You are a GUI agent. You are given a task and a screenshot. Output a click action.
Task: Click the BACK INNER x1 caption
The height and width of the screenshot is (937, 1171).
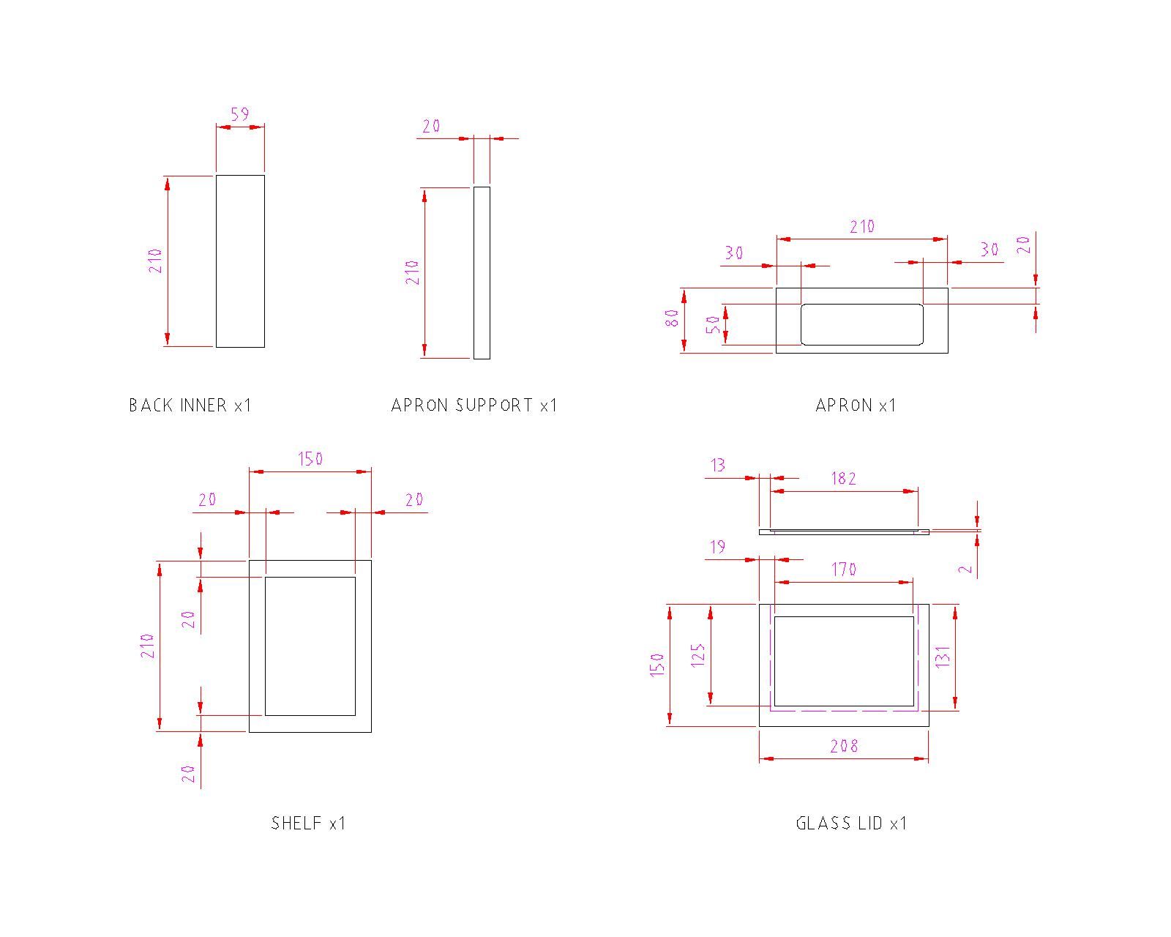[190, 405]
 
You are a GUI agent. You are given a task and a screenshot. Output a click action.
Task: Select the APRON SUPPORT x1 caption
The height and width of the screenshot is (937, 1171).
[474, 405]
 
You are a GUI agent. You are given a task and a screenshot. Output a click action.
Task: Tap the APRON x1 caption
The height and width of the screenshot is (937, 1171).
[856, 405]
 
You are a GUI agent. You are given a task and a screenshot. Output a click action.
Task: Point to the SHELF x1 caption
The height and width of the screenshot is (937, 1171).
[308, 823]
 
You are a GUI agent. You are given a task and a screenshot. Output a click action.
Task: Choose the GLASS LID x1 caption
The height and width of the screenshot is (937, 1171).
[851, 823]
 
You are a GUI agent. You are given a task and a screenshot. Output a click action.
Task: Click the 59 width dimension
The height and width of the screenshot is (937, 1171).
[240, 114]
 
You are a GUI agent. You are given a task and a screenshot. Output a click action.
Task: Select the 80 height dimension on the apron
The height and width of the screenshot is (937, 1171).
[673, 318]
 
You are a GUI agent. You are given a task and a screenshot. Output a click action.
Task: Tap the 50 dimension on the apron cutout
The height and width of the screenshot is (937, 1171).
[713, 325]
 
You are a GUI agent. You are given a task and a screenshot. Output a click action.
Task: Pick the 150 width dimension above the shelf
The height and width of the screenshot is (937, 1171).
[310, 459]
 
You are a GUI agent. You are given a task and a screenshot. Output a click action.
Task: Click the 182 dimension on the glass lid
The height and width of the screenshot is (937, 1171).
[843, 479]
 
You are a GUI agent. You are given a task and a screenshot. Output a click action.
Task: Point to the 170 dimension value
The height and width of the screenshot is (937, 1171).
[843, 570]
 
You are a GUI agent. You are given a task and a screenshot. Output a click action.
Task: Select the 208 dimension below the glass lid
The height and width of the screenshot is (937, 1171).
[844, 746]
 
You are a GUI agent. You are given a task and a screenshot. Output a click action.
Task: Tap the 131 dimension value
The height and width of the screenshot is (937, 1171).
[943, 657]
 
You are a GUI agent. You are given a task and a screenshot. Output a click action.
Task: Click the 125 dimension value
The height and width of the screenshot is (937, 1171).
[697, 655]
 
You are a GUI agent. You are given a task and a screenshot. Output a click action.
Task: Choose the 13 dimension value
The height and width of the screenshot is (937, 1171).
[718, 466]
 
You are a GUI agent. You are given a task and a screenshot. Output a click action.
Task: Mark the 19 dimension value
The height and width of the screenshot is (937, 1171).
[718, 547]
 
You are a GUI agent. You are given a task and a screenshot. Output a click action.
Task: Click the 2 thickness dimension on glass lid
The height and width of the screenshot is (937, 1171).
[965, 570]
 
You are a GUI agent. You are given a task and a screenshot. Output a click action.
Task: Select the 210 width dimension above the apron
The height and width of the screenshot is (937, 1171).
[862, 226]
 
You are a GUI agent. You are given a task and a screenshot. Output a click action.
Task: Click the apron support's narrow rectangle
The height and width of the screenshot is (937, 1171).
[482, 273]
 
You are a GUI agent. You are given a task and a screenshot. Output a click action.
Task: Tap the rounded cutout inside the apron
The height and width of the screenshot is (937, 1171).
[862, 324]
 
